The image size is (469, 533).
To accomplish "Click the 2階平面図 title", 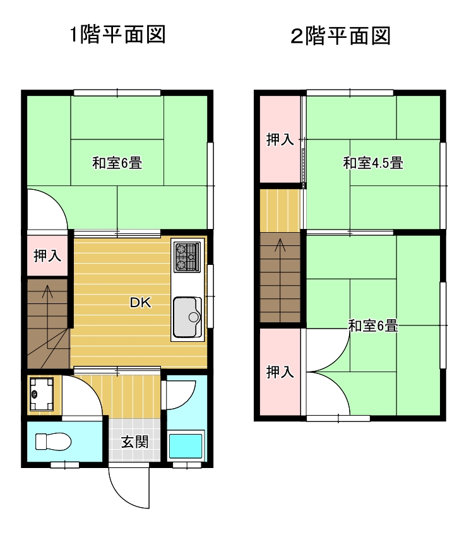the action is pyautogui.click(x=340, y=36).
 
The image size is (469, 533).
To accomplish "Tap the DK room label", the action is pyautogui.click(x=141, y=302).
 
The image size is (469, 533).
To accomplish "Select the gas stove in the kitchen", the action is pyautogui.click(x=187, y=257).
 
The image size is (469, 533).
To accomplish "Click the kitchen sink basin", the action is pyautogui.click(x=187, y=317).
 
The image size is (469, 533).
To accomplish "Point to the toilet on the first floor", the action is pyautogui.click(x=54, y=442).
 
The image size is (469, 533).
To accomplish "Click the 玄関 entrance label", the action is pyautogui.click(x=134, y=442).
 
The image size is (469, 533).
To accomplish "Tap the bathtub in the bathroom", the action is pyautogui.click(x=186, y=445).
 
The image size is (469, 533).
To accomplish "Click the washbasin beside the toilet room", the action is pyautogui.click(x=41, y=394).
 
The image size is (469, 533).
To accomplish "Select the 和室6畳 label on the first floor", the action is pyautogui.click(x=117, y=163).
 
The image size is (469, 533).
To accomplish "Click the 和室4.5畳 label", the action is pyautogui.click(x=373, y=163).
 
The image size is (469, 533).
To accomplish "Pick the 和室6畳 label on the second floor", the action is pyautogui.click(x=373, y=325).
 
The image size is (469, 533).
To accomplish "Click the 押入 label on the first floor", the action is pyautogui.click(x=47, y=255).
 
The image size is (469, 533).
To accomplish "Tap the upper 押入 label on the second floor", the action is pyautogui.click(x=280, y=139).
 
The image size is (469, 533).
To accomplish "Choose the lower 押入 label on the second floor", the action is pyautogui.click(x=280, y=372).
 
